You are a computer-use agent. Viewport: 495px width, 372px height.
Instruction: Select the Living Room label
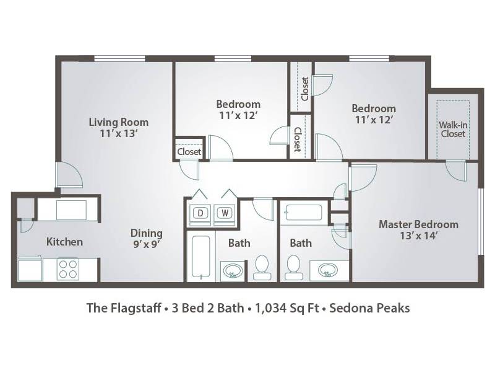pyautogui.click(x=118, y=122)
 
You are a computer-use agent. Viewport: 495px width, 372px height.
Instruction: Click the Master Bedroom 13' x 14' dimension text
pyautogui.click(x=418, y=236)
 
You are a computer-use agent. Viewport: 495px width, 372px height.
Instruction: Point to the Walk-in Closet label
pyautogui.click(x=453, y=130)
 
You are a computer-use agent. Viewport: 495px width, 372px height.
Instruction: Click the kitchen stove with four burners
pyautogui.click(x=68, y=269)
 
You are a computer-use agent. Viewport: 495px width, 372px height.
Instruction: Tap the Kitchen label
pyautogui.click(x=64, y=242)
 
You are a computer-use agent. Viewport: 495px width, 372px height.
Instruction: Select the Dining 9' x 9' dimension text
pyautogui.click(x=146, y=244)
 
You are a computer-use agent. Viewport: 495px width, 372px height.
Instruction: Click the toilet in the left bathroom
pyautogui.click(x=262, y=268)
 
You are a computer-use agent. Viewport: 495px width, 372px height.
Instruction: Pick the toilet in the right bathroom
pyautogui.click(x=294, y=268)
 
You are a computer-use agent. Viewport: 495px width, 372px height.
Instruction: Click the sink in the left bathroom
pyautogui.click(x=233, y=271)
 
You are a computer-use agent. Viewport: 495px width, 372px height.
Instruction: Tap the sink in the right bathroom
pyautogui.click(x=328, y=270)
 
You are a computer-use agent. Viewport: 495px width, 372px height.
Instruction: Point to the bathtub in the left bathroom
pyautogui.click(x=200, y=257)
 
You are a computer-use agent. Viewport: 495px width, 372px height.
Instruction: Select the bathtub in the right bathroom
pyautogui.click(x=304, y=213)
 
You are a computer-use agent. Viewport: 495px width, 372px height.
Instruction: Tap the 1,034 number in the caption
pyautogui.click(x=271, y=308)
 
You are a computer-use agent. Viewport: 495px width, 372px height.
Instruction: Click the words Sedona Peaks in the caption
pyautogui.click(x=369, y=308)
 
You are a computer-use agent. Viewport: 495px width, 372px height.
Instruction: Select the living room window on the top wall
pyautogui.click(x=119, y=58)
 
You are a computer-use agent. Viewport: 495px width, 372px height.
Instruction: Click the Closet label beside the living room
pyautogui.click(x=189, y=152)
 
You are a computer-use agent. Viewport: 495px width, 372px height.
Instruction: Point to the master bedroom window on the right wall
pyautogui.click(x=481, y=221)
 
